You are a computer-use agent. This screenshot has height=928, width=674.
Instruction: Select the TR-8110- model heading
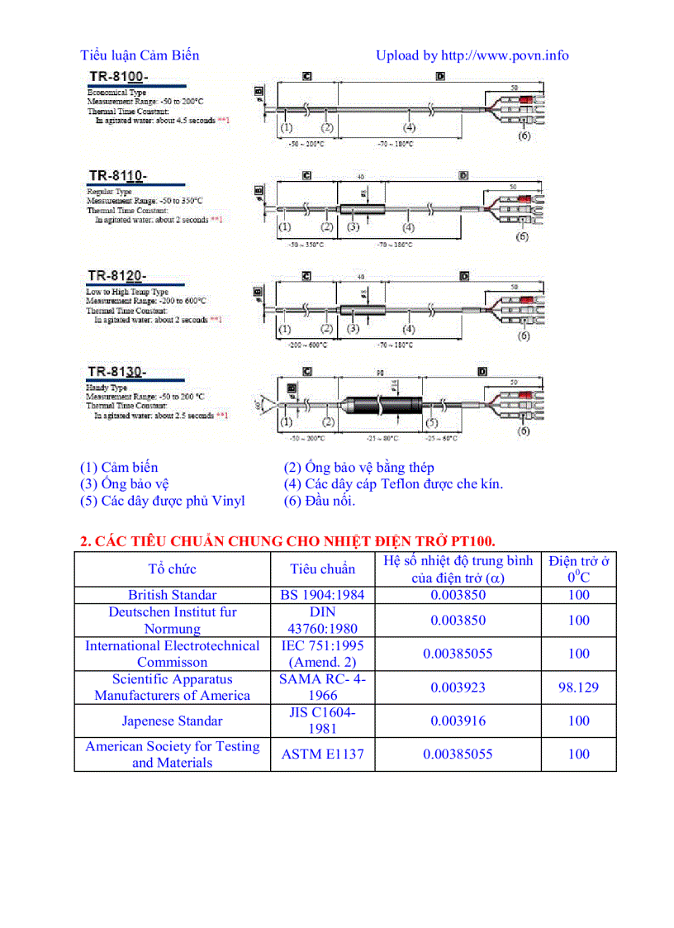pyautogui.click(x=117, y=175)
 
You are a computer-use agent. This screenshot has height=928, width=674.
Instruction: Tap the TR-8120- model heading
pyautogui.click(x=117, y=275)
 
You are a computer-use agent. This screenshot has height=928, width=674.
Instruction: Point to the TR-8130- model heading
pyautogui.click(x=117, y=372)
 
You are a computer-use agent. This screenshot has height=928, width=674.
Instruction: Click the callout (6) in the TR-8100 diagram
pyautogui.click(x=524, y=136)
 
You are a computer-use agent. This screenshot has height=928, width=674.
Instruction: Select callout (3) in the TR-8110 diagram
pyautogui.click(x=353, y=227)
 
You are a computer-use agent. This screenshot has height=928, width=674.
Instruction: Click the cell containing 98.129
pyautogui.click(x=578, y=687)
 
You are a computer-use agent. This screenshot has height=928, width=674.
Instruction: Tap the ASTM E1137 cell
pyautogui.click(x=322, y=754)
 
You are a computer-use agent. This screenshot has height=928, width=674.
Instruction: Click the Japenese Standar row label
pyautogui.click(x=172, y=721)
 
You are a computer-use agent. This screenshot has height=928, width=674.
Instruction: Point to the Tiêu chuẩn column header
pyautogui.click(x=322, y=569)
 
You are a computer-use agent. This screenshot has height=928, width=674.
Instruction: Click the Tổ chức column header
pyautogui.click(x=172, y=569)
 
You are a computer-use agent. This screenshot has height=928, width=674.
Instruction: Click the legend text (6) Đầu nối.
pyautogui.click(x=319, y=501)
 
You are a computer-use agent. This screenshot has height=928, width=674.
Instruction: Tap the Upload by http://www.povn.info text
pyautogui.click(x=472, y=55)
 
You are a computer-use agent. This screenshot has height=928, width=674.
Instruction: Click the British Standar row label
pyautogui.click(x=172, y=595)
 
